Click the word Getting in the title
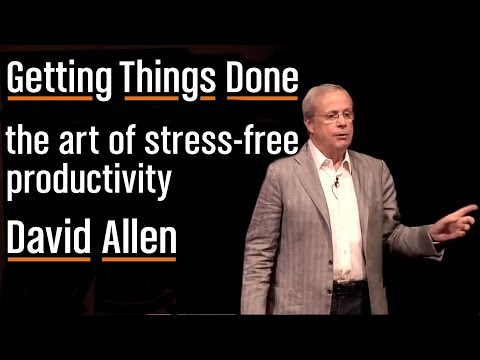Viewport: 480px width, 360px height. point(59,78)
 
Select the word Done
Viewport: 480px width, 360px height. point(261,78)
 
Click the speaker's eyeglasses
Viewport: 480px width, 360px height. point(338,117)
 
